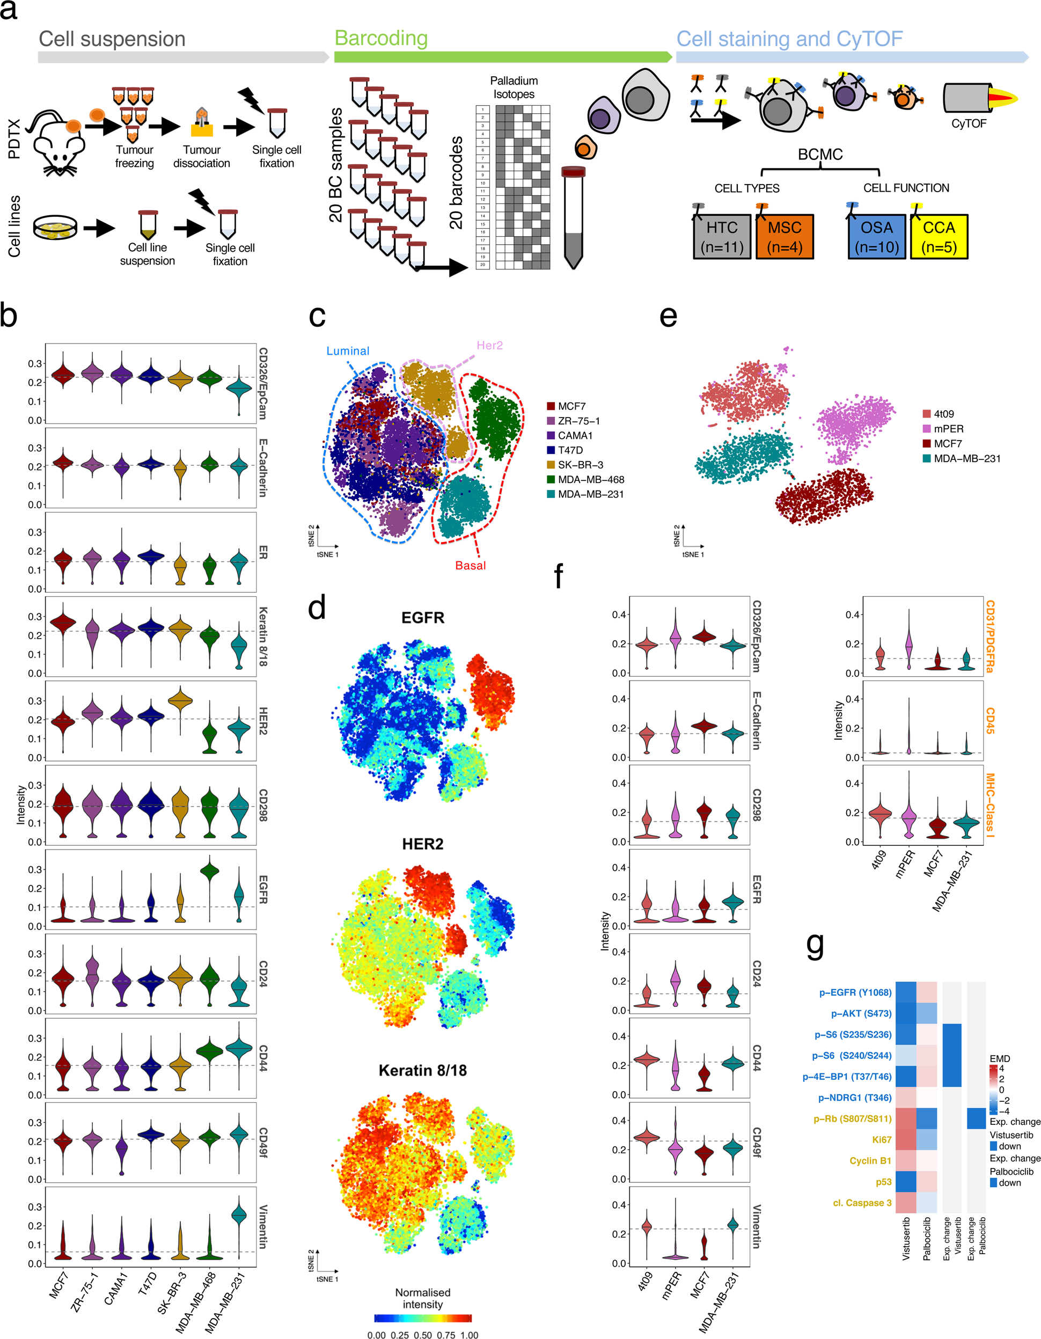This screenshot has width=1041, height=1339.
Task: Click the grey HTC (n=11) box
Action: (x=722, y=237)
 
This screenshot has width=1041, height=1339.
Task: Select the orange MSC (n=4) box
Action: (x=784, y=237)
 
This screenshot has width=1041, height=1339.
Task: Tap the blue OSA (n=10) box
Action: (x=876, y=237)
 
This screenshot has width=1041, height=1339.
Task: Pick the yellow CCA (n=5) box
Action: (x=939, y=237)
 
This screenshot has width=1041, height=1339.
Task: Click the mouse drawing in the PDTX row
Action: (x=58, y=144)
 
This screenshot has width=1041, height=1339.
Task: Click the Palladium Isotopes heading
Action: (x=514, y=87)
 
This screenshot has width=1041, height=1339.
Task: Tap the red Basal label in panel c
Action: (x=470, y=565)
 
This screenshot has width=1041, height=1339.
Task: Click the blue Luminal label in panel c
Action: (x=348, y=350)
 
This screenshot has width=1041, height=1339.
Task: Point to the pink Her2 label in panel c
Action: (x=489, y=345)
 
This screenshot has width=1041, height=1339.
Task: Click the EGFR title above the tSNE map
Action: (x=422, y=617)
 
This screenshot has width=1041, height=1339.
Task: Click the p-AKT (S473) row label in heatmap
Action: (x=861, y=1013)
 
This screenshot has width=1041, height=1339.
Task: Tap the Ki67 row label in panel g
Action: (x=882, y=1140)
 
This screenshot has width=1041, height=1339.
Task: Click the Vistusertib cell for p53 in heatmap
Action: (x=906, y=1181)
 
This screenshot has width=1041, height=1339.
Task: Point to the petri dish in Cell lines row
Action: (x=55, y=228)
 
